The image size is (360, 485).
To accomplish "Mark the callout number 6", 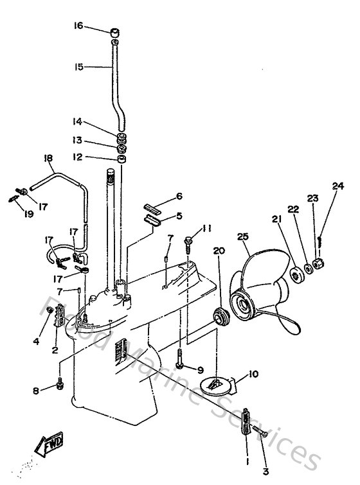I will [x=179, y=195].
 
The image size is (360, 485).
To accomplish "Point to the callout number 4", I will [x=36, y=342].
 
